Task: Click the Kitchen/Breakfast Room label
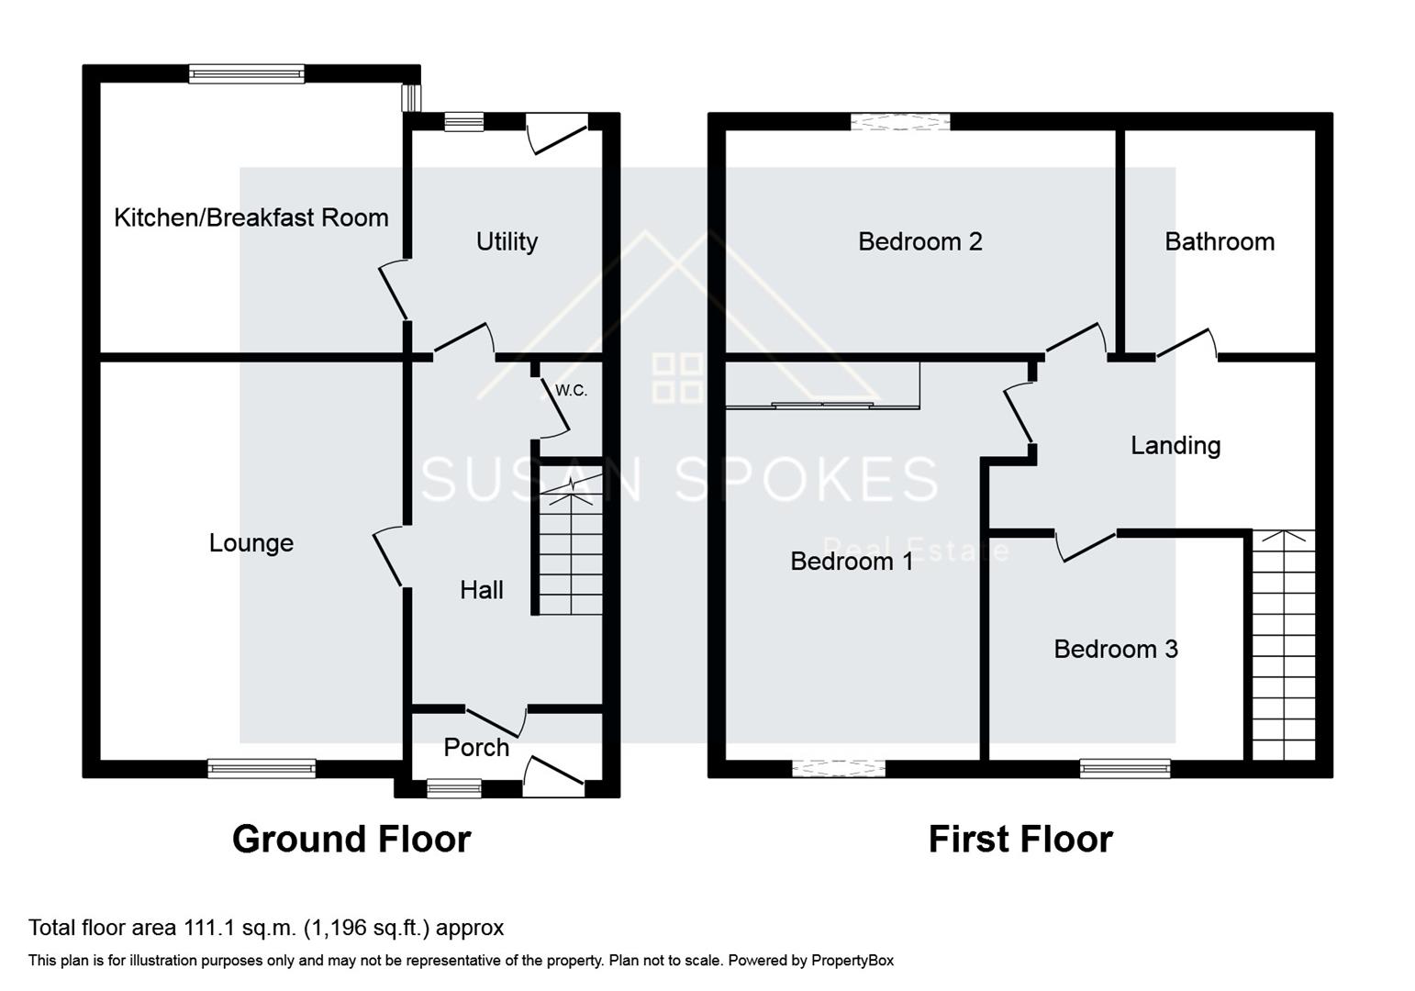pyautogui.click(x=251, y=217)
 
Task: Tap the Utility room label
pyautogui.click(x=507, y=241)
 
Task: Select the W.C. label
pyautogui.click(x=571, y=391)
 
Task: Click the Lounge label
pyautogui.click(x=251, y=543)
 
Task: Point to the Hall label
pyautogui.click(x=481, y=590)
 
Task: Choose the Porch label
pyautogui.click(x=475, y=748)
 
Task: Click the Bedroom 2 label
pyautogui.click(x=919, y=241)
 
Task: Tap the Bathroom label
pyautogui.click(x=1219, y=241)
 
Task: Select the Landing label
pyautogui.click(x=1175, y=446)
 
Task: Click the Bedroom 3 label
pyautogui.click(x=1115, y=650)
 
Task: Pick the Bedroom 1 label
pyautogui.click(x=852, y=562)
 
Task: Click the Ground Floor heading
pyautogui.click(x=351, y=840)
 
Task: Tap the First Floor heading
pyautogui.click(x=1019, y=840)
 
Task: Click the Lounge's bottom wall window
pyautogui.click(x=262, y=769)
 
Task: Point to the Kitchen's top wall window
pyautogui.click(x=246, y=74)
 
